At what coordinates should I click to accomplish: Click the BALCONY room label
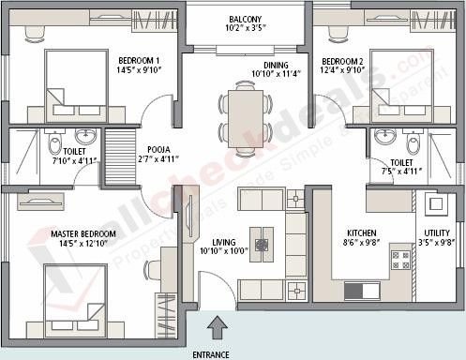(x=245, y=20)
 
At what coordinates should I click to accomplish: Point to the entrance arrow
(x=218, y=328)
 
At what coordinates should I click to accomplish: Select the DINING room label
(x=276, y=65)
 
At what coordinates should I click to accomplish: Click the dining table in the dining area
(x=246, y=114)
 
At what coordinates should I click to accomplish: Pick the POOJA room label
(x=158, y=149)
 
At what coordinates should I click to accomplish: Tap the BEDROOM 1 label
(x=139, y=58)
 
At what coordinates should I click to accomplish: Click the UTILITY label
(x=436, y=232)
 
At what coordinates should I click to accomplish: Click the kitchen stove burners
(x=401, y=259)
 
